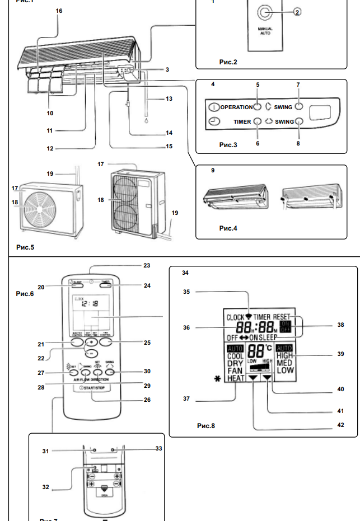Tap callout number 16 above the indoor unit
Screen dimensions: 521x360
pyautogui.click(x=59, y=11)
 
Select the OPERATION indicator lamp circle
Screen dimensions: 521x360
pyautogui.click(x=258, y=107)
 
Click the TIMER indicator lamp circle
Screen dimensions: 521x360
pyautogui.click(x=258, y=121)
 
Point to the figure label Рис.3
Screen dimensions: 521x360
pyautogui.click(x=228, y=145)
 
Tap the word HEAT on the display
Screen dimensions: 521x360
pyautogui.click(x=235, y=379)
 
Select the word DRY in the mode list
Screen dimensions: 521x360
pyautogui.click(x=235, y=363)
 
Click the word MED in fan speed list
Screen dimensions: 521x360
pyautogui.click(x=285, y=363)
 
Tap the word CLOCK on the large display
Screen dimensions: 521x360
pyautogui.click(x=235, y=317)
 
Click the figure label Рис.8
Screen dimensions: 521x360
pyautogui.click(x=205, y=426)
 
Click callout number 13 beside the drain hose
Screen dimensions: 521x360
pyautogui.click(x=169, y=98)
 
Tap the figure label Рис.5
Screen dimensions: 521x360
pyautogui.click(x=25, y=247)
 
